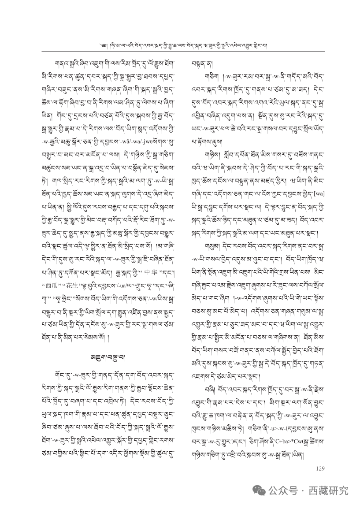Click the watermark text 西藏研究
[328, 490]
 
